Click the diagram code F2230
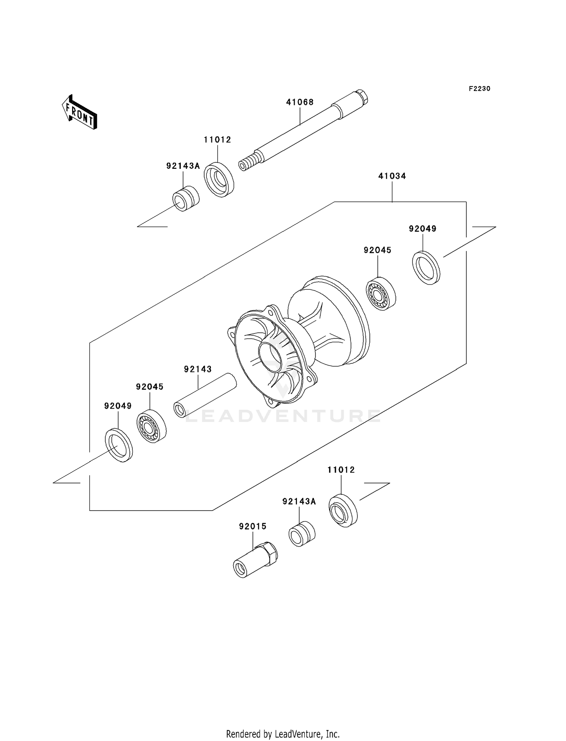point(479,89)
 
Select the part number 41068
point(300,102)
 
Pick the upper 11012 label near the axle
point(217,140)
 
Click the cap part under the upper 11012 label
point(219,179)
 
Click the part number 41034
point(392,176)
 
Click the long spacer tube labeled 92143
point(205,395)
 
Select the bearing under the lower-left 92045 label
point(151,426)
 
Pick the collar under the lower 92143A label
point(302,534)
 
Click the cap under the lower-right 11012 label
point(343,510)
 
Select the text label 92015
point(252,526)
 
